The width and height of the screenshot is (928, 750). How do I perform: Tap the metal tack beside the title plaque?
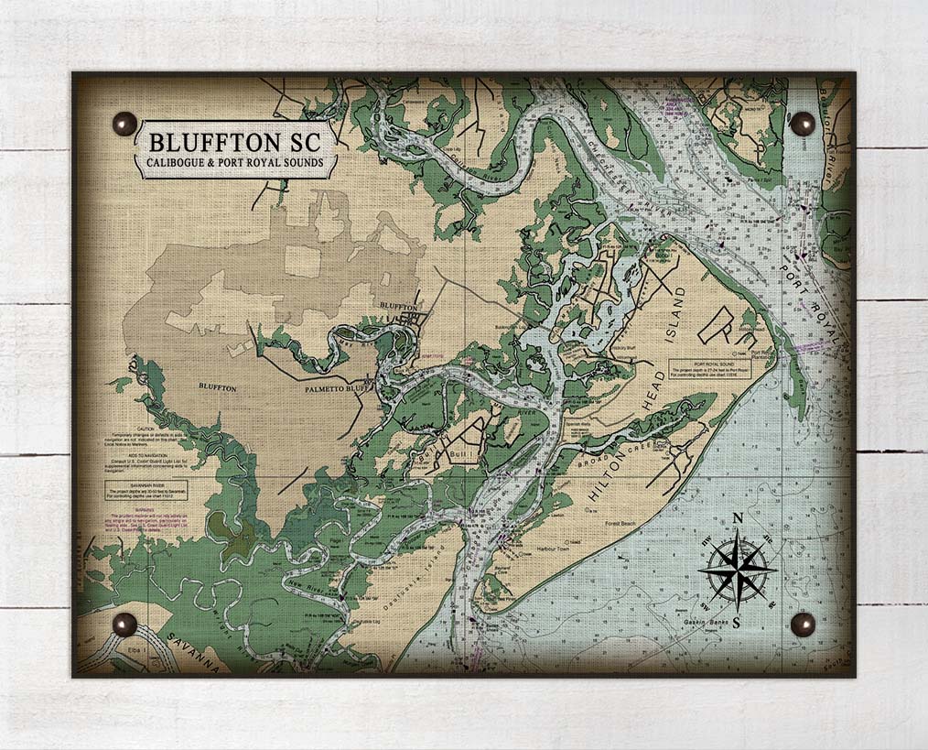tap(124, 124)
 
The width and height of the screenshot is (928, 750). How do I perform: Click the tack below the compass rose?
tap(802, 624)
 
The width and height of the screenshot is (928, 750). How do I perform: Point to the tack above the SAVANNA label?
tap(124, 625)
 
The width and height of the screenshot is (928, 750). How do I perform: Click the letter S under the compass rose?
tap(736, 623)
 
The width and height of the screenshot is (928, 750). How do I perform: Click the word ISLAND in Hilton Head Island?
tap(677, 315)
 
